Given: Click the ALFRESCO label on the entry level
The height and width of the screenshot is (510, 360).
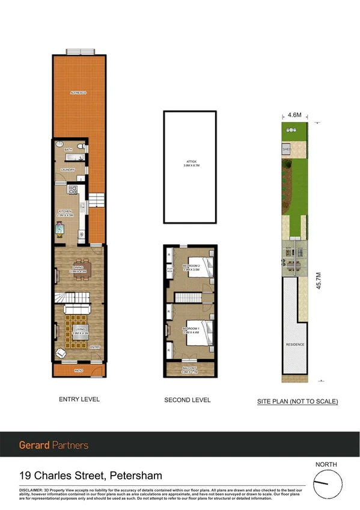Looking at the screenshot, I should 78,93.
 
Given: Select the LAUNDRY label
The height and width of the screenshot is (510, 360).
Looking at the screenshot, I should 67,170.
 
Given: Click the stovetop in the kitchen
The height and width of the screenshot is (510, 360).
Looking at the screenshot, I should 73,189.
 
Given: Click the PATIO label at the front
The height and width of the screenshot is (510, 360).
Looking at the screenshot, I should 78,370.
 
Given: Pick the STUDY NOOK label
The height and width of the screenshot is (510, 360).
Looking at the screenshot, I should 169,271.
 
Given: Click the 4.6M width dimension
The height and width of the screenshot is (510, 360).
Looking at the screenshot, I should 294,114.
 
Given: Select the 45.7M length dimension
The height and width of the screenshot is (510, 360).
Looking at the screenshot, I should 319,280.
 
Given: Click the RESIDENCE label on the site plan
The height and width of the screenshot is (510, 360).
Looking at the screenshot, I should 294,345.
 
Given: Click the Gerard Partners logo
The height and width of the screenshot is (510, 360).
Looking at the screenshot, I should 53,446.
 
